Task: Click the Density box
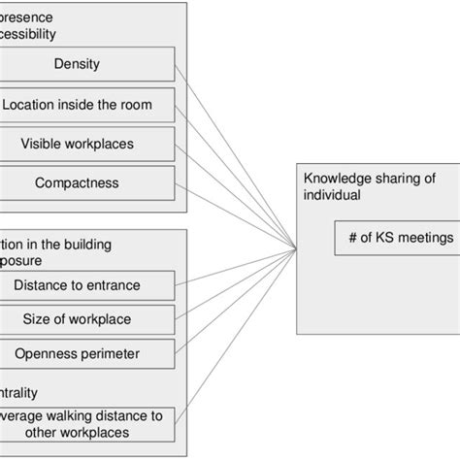pos(90,66)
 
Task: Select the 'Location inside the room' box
pos(90,104)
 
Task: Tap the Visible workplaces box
pos(90,143)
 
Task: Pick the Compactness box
pos(90,181)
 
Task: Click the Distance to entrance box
pos(90,285)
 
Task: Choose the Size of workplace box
pos(90,319)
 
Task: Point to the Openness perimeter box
pos(90,352)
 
